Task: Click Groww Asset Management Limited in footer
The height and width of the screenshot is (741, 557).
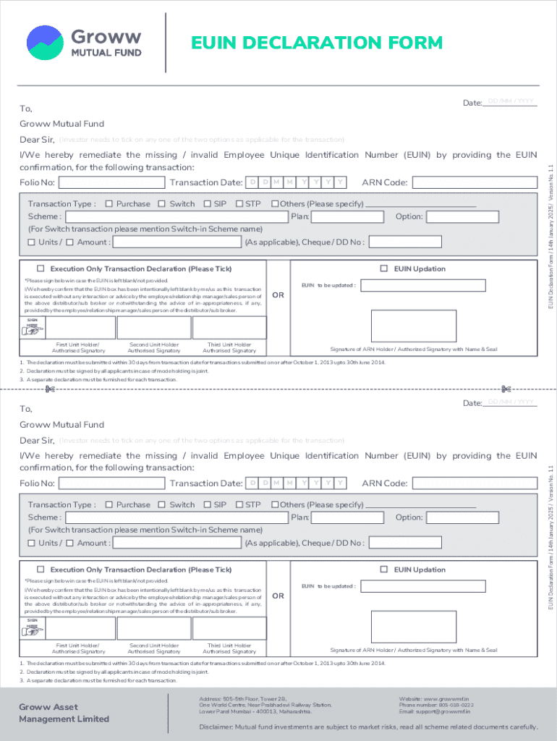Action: [64, 713]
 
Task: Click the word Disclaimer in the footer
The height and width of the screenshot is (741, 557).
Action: [218, 727]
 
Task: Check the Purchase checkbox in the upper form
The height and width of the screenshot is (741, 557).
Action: [109, 204]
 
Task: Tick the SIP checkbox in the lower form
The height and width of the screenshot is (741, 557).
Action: [207, 505]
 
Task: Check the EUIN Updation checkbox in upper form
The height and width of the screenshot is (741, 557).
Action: [385, 268]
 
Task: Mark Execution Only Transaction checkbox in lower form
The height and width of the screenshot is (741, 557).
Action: [41, 569]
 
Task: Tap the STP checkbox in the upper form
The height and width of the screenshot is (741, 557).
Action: [238, 204]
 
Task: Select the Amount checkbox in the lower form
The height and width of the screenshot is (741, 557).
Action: [70, 543]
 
